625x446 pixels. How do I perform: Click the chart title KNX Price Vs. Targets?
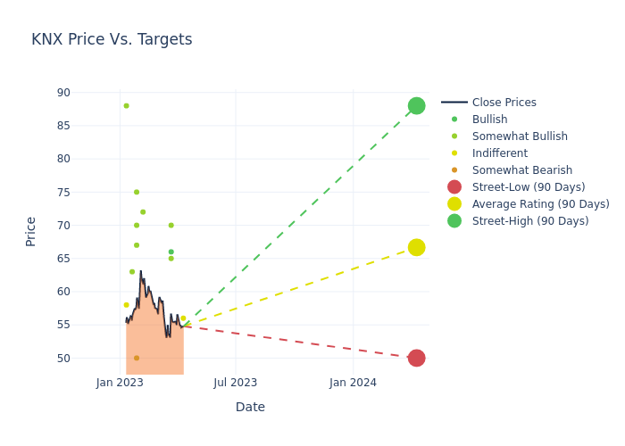pyautogui.click(x=112, y=39)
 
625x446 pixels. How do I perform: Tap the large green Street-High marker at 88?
pyautogui.click(x=416, y=106)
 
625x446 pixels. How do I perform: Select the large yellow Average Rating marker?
pyautogui.click(x=416, y=247)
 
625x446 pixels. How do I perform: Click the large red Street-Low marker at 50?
pyautogui.click(x=416, y=358)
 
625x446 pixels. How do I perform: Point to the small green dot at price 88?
pyautogui.click(x=126, y=106)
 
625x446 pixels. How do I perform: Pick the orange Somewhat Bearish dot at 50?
pyautogui.click(x=137, y=358)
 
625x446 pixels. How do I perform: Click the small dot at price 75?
pyautogui.click(x=137, y=192)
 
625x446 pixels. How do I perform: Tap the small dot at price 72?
pyautogui.click(x=143, y=212)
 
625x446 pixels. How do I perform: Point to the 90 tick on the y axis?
pyautogui.click(x=62, y=93)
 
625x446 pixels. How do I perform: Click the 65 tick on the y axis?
pyautogui.click(x=62, y=259)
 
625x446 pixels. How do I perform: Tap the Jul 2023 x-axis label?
pyautogui.click(x=236, y=383)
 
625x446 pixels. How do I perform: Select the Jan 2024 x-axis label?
pyautogui.click(x=353, y=383)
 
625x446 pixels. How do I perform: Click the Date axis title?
pyautogui.click(x=250, y=407)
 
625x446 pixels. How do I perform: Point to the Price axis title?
pyautogui.click(x=31, y=231)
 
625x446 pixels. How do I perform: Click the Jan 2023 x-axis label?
pyautogui.click(x=121, y=383)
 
